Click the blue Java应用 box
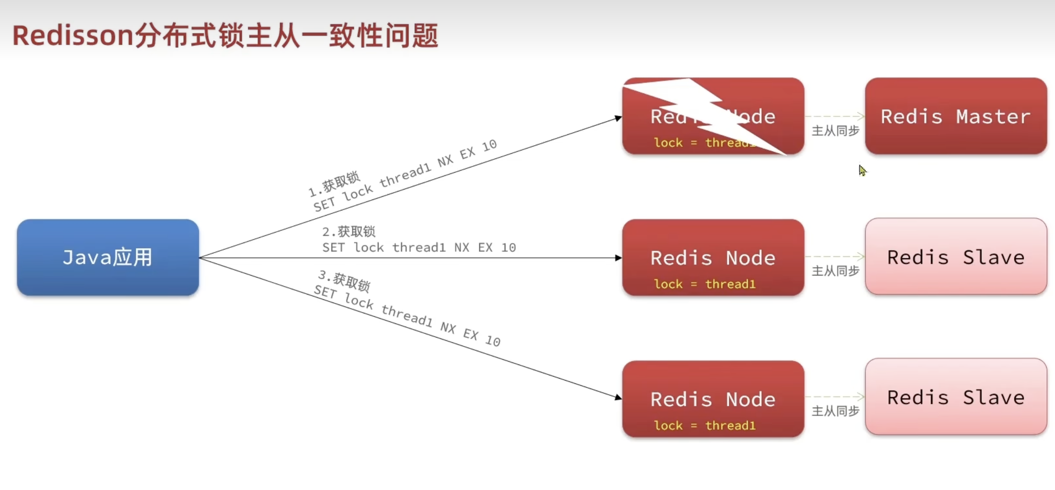pyautogui.click(x=108, y=257)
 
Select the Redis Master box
pyautogui.click(x=955, y=116)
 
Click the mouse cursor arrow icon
pyautogui.click(x=862, y=170)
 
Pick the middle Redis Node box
pyautogui.click(x=713, y=257)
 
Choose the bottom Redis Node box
pyautogui.click(x=713, y=399)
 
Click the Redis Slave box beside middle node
pyautogui.click(x=955, y=256)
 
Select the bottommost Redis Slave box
pyautogui.click(x=955, y=397)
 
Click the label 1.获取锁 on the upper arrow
pyautogui.click(x=334, y=184)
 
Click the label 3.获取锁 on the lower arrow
pyautogui.click(x=344, y=280)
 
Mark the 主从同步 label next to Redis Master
pyautogui.click(x=835, y=131)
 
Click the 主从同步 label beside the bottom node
pyautogui.click(x=835, y=411)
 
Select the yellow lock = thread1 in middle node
pyautogui.click(x=704, y=284)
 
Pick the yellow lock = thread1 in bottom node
pyautogui.click(x=704, y=426)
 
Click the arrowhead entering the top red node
pyautogui.click(x=618, y=119)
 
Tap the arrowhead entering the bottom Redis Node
pyautogui.click(x=618, y=397)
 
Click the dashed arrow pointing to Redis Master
pyautogui.click(x=836, y=116)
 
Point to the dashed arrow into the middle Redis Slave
pyautogui.click(x=836, y=257)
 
